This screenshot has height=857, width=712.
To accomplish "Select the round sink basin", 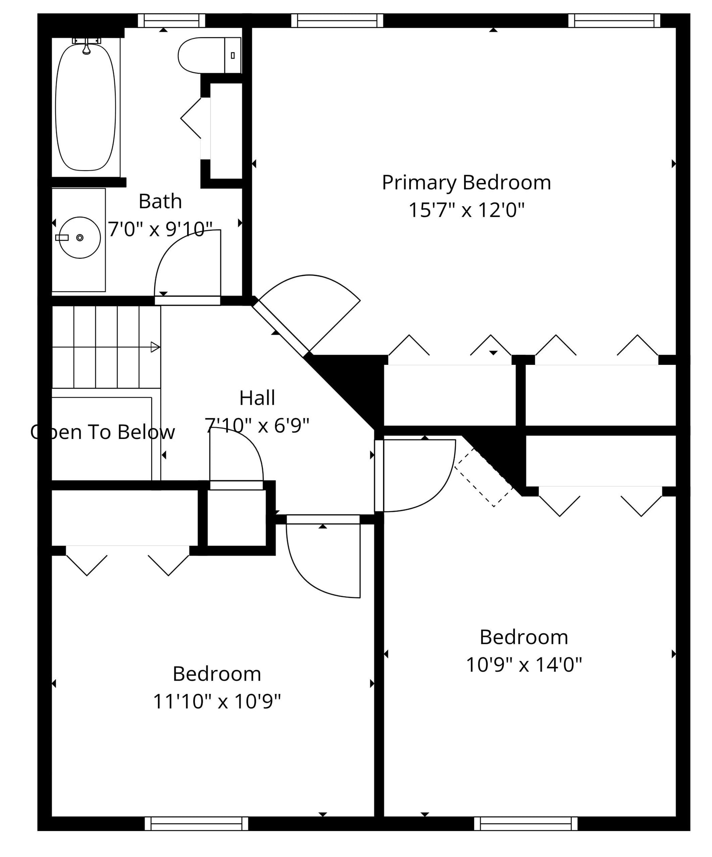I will [x=80, y=237].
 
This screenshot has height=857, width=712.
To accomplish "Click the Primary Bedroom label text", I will [x=466, y=182].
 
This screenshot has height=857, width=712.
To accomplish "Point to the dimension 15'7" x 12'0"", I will [x=466, y=210].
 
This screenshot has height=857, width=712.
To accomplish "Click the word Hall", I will [x=257, y=398].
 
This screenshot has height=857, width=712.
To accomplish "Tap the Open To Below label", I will [x=103, y=432].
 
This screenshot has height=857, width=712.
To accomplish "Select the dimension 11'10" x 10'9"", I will [x=216, y=701].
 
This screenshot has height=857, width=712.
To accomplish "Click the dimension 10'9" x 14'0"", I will [x=523, y=664].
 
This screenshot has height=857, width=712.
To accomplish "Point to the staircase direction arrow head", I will [x=155, y=347].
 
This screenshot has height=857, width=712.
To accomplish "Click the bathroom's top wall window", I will [x=171, y=21].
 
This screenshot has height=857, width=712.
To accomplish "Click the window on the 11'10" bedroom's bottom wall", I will [x=196, y=823].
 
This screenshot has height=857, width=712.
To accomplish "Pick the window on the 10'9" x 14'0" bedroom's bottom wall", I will [x=525, y=823].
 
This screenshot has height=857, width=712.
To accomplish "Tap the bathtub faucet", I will [x=86, y=46].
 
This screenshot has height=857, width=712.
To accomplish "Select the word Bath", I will [x=160, y=201].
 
